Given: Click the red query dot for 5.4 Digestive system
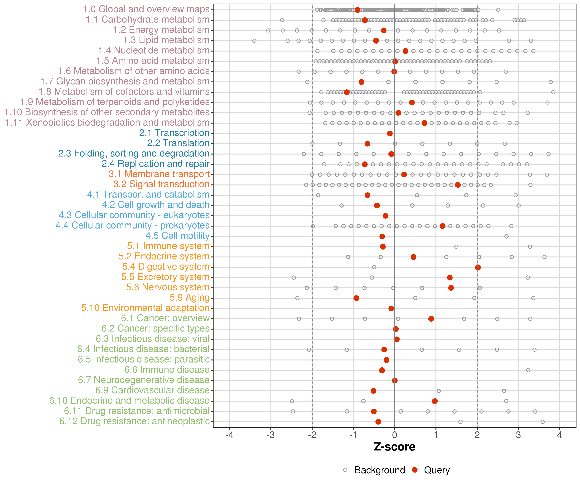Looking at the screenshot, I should pyautogui.click(x=478, y=267).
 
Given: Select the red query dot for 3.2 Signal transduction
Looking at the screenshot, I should pyautogui.click(x=458, y=185).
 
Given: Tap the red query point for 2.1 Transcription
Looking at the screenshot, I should pyautogui.click(x=390, y=133).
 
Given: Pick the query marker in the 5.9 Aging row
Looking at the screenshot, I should pyautogui.click(x=356, y=298).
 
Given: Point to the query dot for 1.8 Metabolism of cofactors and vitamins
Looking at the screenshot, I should pyautogui.click(x=347, y=92).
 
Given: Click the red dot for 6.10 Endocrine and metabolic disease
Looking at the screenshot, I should pyautogui.click(x=435, y=401).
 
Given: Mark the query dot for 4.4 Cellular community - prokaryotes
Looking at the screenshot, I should pyautogui.click(x=442, y=226).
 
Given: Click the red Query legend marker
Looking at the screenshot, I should pyautogui.click(x=415, y=470).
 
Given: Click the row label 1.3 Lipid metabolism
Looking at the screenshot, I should pyautogui.click(x=166, y=40).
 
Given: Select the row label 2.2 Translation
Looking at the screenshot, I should pyautogui.click(x=178, y=143).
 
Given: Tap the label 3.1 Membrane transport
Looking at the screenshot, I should pyautogui.click(x=159, y=174).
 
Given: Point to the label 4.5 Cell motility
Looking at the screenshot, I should pyautogui.click(x=178, y=236).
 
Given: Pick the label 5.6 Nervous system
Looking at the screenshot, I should pyautogui.click(x=168, y=287).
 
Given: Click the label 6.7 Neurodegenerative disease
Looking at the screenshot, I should pyautogui.click(x=144, y=380).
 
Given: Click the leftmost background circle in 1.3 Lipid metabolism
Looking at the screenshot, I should pyautogui.click(x=254, y=41).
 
